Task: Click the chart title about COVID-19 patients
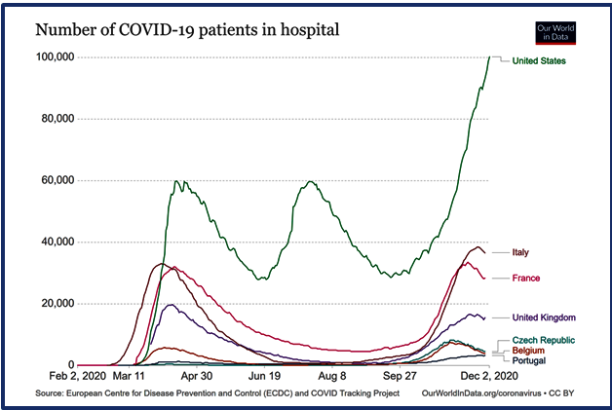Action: point(187,29)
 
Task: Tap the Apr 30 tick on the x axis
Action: point(196,375)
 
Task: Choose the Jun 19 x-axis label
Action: point(264,375)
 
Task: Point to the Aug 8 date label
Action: point(332,375)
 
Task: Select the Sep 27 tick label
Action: point(400,375)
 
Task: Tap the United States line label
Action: point(539,61)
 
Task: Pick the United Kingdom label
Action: point(545,317)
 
